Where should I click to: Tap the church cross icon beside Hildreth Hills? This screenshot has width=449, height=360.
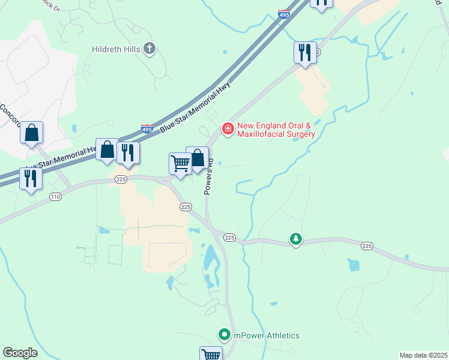point(149,49)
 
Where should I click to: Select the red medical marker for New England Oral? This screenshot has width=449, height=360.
point(228,129)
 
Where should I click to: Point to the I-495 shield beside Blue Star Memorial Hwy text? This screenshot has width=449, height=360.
point(147,128)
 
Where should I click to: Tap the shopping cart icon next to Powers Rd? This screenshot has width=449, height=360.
point(180,163)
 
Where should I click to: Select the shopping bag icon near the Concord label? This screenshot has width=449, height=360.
point(32,133)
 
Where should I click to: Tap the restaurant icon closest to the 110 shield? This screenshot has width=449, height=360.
point(30,178)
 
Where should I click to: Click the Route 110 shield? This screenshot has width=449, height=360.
point(56,197)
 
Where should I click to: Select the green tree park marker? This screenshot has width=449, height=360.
point(295,239)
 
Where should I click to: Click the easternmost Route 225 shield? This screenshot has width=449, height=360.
point(367,246)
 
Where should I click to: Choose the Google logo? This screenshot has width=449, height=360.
point(20,353)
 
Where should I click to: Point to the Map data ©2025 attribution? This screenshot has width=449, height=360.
point(423,355)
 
